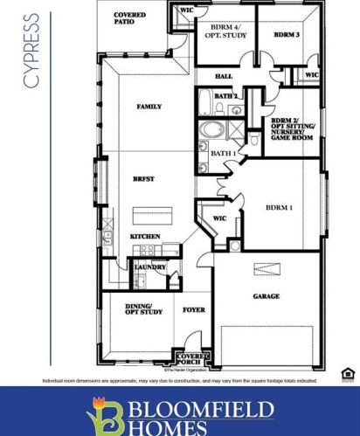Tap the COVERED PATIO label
(x=129, y=19)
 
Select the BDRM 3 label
(x=287, y=35)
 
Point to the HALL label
(x=225, y=77)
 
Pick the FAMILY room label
(x=149, y=107)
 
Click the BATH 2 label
(x=226, y=95)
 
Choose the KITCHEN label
(x=144, y=237)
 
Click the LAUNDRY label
(x=150, y=267)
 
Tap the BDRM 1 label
(x=280, y=207)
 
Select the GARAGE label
(x=267, y=296)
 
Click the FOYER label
(x=193, y=310)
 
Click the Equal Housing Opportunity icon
(x=347, y=375)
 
